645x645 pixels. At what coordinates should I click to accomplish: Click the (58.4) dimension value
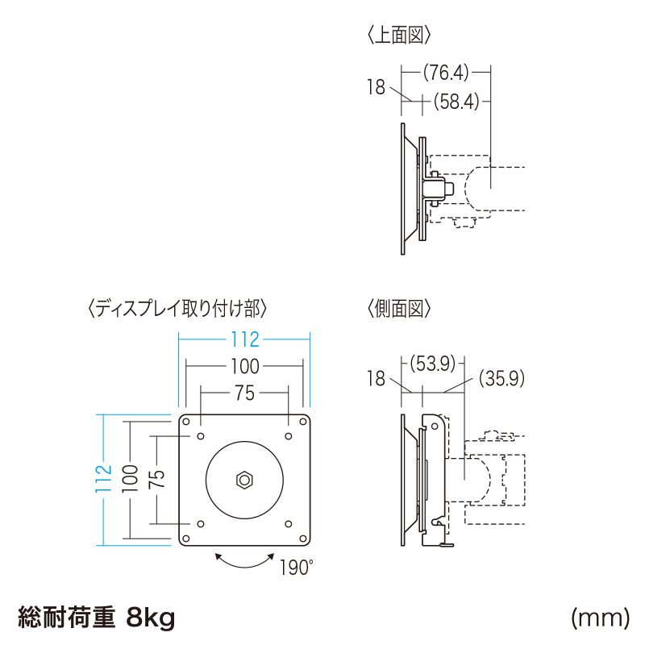(x=456, y=102)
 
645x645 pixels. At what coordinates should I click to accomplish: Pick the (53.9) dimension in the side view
(x=435, y=362)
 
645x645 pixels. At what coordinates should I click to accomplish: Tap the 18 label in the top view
(x=377, y=87)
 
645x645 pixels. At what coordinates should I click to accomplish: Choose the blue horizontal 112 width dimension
(x=243, y=339)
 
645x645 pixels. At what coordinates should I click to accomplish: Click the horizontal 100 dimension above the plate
(x=243, y=367)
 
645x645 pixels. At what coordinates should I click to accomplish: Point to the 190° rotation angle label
(x=295, y=568)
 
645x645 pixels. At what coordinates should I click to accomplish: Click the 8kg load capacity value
(x=150, y=618)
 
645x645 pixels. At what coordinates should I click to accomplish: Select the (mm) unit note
(x=599, y=618)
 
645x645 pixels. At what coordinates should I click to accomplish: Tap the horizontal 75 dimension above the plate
(x=244, y=393)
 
